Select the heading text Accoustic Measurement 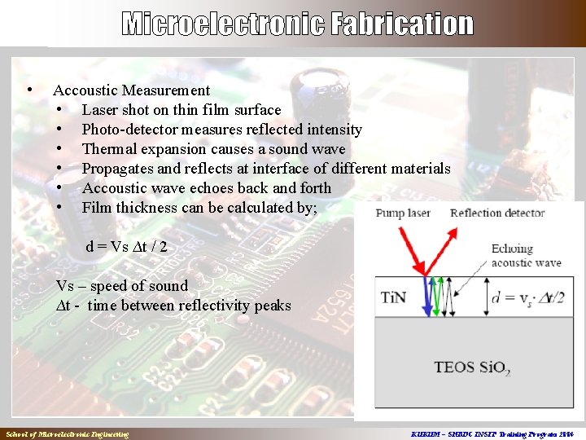(x=131, y=90)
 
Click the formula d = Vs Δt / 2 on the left (x=126, y=246)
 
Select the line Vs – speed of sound (x=121, y=286)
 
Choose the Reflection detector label (x=497, y=213)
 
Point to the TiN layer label (x=396, y=297)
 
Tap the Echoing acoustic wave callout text (x=526, y=256)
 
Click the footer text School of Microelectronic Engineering (x=67, y=434)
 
